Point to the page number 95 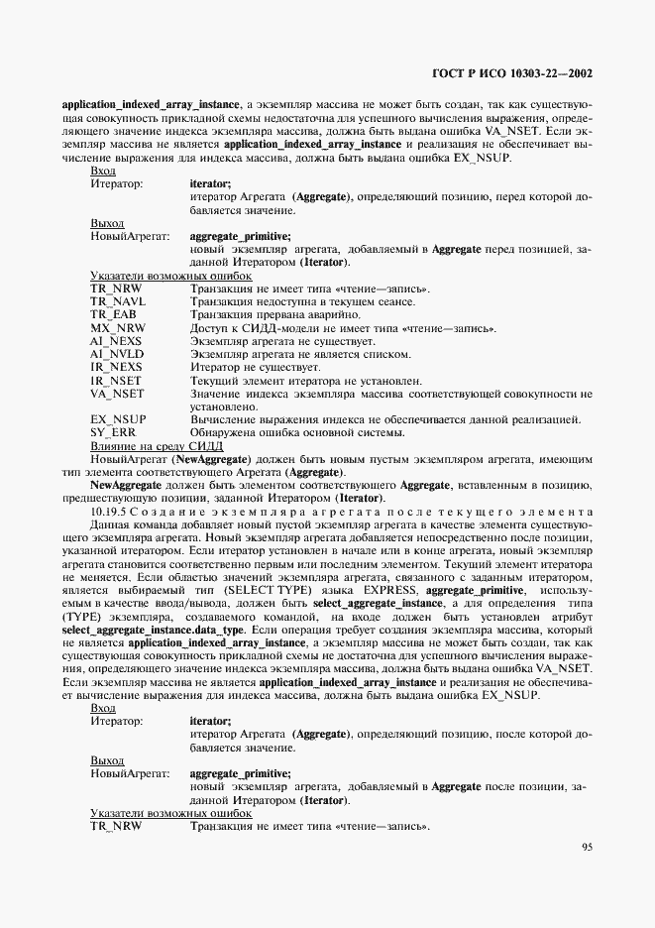pos(587,847)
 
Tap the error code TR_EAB pos(114,314)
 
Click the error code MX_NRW pos(117,327)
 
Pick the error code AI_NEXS pos(116,340)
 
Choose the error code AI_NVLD pos(117,354)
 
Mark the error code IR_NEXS pos(116,367)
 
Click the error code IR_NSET pos(116,380)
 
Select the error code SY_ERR pos(114,432)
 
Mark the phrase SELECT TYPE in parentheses pos(237,589)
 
